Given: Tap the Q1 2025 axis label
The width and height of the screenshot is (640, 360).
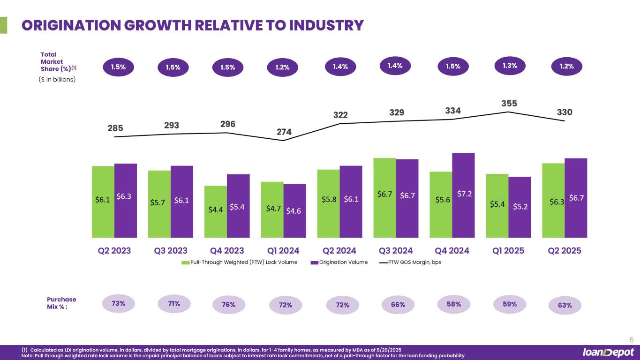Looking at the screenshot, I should coord(508,250).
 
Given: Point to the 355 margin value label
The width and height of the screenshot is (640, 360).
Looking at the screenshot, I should coord(509,103).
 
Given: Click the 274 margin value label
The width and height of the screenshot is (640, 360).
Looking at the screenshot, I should coord(284,132).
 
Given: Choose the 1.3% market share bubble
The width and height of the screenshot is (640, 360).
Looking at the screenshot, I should coord(510,66).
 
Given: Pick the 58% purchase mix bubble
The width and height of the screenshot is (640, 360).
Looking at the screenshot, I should coord(454,304).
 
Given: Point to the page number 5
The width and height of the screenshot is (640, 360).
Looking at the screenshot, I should coord(631,340).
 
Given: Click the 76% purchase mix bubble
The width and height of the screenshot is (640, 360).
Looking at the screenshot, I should coord(229,305).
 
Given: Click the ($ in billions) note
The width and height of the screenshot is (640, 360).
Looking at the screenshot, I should coord(56,79).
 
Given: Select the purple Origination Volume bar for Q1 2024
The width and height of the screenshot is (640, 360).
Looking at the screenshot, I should coord(294,211).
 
